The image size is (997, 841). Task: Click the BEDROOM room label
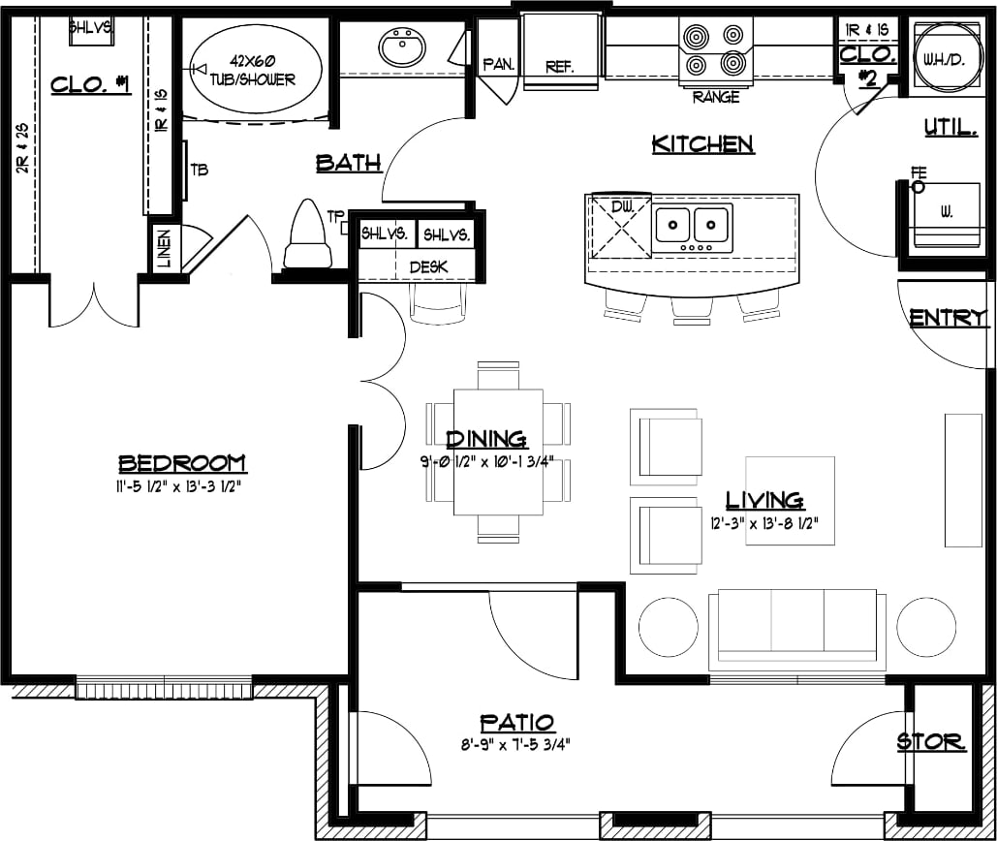pyautogui.click(x=182, y=463)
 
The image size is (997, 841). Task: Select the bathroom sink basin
pyautogui.click(x=402, y=47)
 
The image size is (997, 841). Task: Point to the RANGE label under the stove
pyautogui.click(x=716, y=97)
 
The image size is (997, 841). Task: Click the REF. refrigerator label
pyautogui.click(x=560, y=67)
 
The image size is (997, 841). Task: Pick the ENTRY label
pyautogui.click(x=948, y=318)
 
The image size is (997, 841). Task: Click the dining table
pyautogui.click(x=498, y=452)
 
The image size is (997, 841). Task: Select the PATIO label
pyautogui.click(x=517, y=723)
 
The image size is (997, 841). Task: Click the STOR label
pyautogui.click(x=930, y=743)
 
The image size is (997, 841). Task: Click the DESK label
pyautogui.click(x=427, y=265)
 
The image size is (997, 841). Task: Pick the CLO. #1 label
pyautogui.click(x=90, y=84)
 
